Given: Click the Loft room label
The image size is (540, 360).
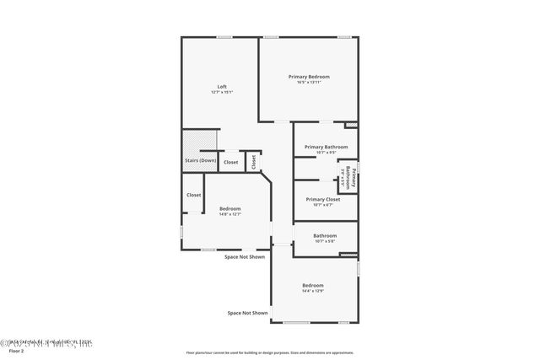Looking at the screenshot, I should [222, 87].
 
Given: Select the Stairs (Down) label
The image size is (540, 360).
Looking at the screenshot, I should [201, 160].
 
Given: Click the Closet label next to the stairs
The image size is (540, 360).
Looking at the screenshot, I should [230, 162].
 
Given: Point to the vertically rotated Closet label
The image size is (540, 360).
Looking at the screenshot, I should [253, 161].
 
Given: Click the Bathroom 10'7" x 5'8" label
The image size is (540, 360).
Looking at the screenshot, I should [325, 235].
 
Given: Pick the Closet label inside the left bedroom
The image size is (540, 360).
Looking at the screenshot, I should [194, 195].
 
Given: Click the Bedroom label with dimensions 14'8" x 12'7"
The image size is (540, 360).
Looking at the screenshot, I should [229, 208].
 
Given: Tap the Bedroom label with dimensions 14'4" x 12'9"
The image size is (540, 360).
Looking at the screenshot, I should [313, 286].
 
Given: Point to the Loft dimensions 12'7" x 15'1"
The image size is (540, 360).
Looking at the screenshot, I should [222, 92].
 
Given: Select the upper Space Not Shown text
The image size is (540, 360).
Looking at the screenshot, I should [245, 256].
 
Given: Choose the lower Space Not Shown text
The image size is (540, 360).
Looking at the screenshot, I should [247, 313].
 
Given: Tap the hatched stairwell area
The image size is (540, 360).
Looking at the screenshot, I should [201, 140].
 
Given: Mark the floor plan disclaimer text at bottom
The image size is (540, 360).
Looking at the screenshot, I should [270, 352].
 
